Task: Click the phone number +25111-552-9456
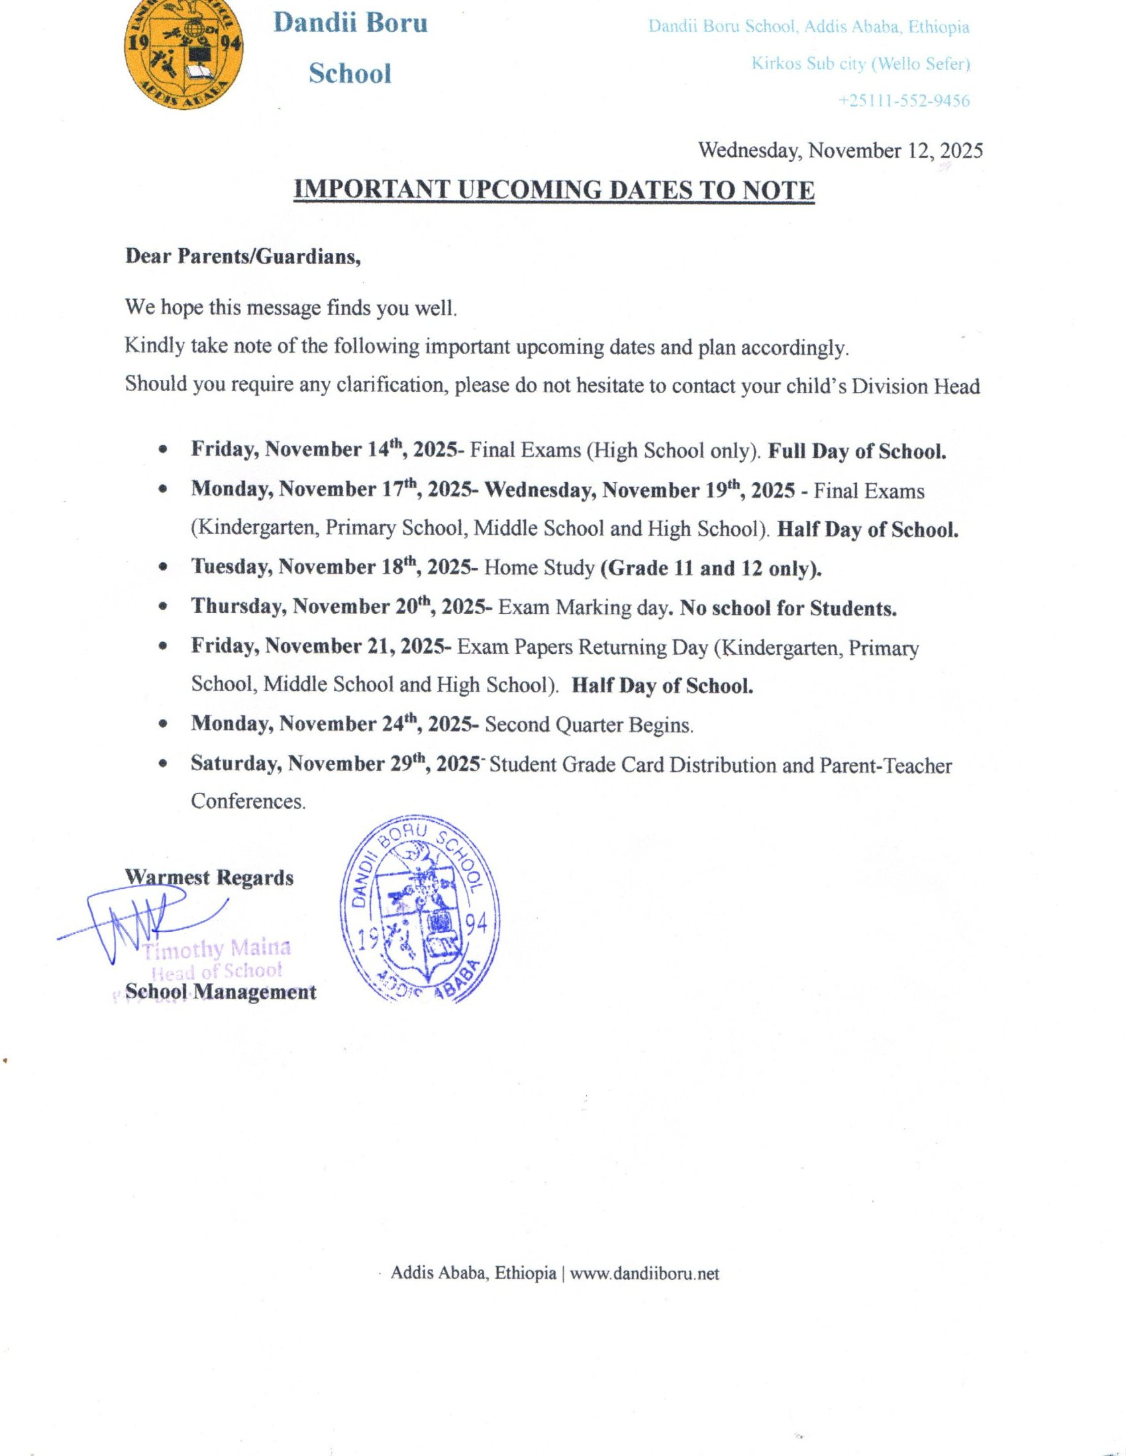pos(904,101)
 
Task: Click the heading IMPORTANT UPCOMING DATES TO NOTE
pos(554,191)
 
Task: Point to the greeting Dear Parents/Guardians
pos(243,257)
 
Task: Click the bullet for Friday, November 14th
pos(163,451)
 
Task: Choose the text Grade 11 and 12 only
pos(711,568)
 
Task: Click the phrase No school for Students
pos(788,608)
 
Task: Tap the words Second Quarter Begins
pos(589,725)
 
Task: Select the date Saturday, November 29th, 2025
pos(336,764)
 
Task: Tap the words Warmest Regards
pos(209,878)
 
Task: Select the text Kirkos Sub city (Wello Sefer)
pos(860,64)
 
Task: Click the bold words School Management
pos(221,993)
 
